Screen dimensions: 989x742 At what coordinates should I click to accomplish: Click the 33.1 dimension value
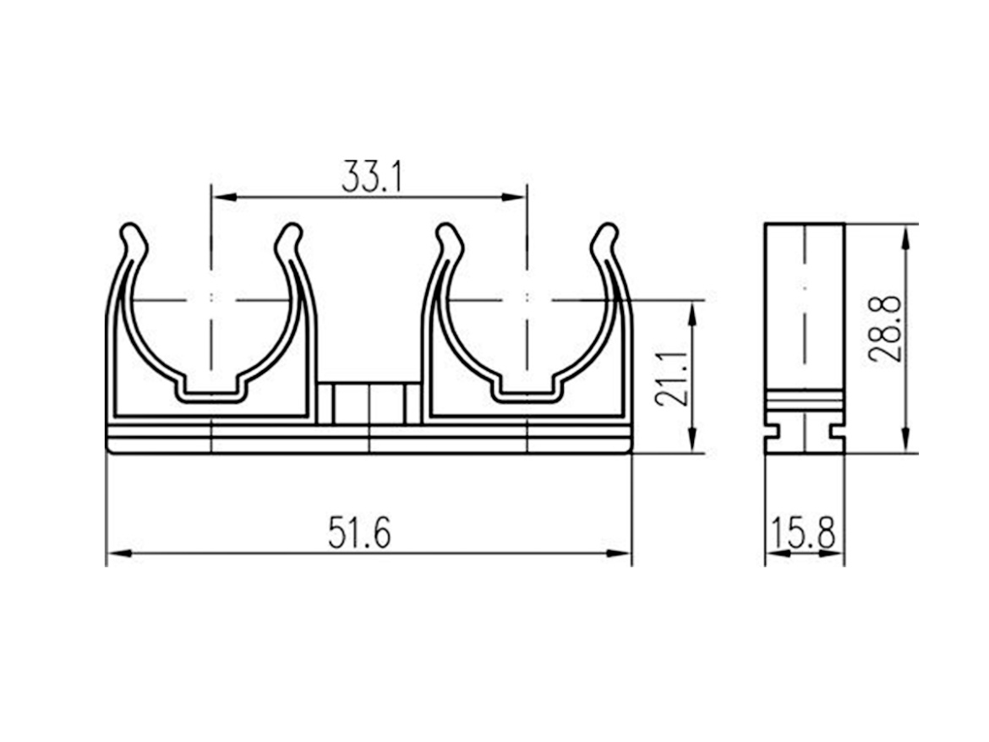point(371,177)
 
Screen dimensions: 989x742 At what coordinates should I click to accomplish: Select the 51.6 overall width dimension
point(359,532)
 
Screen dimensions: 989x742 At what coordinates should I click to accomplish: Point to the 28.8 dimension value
point(884,328)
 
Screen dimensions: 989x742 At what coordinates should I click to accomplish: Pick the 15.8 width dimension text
point(803,532)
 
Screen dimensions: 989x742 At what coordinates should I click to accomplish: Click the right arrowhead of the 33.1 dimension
point(513,197)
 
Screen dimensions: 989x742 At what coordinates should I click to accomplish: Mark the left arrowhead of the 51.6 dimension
point(119,554)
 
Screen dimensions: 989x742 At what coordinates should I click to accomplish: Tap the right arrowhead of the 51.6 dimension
point(619,554)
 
